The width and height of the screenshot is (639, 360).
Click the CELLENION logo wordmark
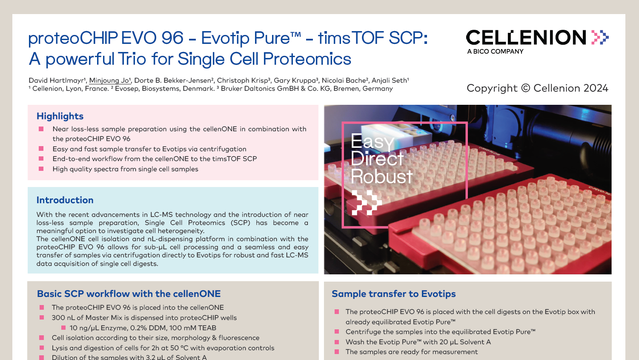(526, 37)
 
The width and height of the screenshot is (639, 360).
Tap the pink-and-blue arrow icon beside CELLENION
(600, 37)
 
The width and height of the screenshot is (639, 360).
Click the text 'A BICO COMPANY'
(495, 52)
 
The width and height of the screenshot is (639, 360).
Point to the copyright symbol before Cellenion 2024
(525, 88)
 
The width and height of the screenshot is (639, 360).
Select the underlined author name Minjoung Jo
(110, 81)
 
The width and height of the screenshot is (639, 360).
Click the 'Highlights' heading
(60, 116)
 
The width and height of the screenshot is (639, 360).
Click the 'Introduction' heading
(65, 200)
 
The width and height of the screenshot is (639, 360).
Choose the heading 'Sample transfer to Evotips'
(394, 294)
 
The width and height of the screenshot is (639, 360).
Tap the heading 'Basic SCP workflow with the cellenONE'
(129, 294)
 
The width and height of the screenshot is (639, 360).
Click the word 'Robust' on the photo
(381, 176)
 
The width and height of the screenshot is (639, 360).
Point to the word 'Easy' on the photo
(372, 141)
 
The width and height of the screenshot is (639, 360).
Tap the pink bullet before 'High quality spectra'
(41, 169)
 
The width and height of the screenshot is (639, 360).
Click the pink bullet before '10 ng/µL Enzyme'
(63, 328)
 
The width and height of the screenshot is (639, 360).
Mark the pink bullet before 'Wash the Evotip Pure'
(337, 342)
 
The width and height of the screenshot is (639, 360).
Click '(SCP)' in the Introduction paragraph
(240, 223)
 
